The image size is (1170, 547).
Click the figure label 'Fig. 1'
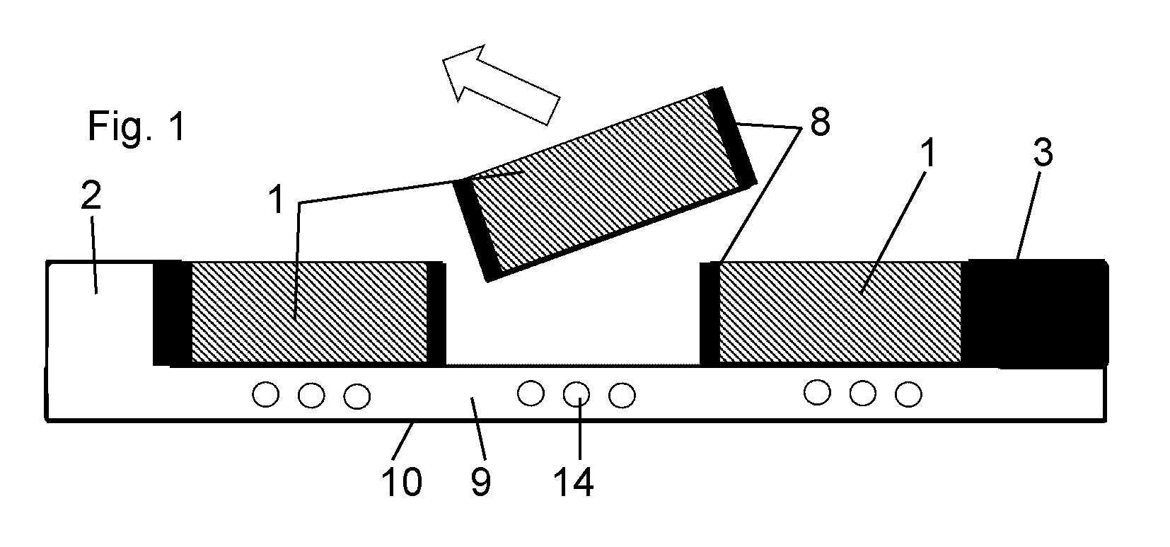tap(137, 126)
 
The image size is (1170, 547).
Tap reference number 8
tap(820, 123)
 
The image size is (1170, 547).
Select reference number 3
tap(1043, 153)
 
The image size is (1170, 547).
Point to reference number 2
tap(91, 196)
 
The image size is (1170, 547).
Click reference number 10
tap(401, 482)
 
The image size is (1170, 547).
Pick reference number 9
tap(480, 482)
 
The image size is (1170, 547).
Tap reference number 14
tap(573, 482)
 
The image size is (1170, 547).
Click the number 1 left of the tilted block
tap(277, 200)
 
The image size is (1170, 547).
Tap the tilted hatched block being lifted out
tap(604, 185)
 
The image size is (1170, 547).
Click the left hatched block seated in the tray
tap(309, 313)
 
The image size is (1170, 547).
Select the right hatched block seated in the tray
tap(840, 313)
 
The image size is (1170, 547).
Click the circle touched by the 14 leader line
tap(576, 394)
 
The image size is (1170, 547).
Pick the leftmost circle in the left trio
tap(266, 394)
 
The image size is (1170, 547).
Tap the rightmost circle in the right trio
tap(908, 394)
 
